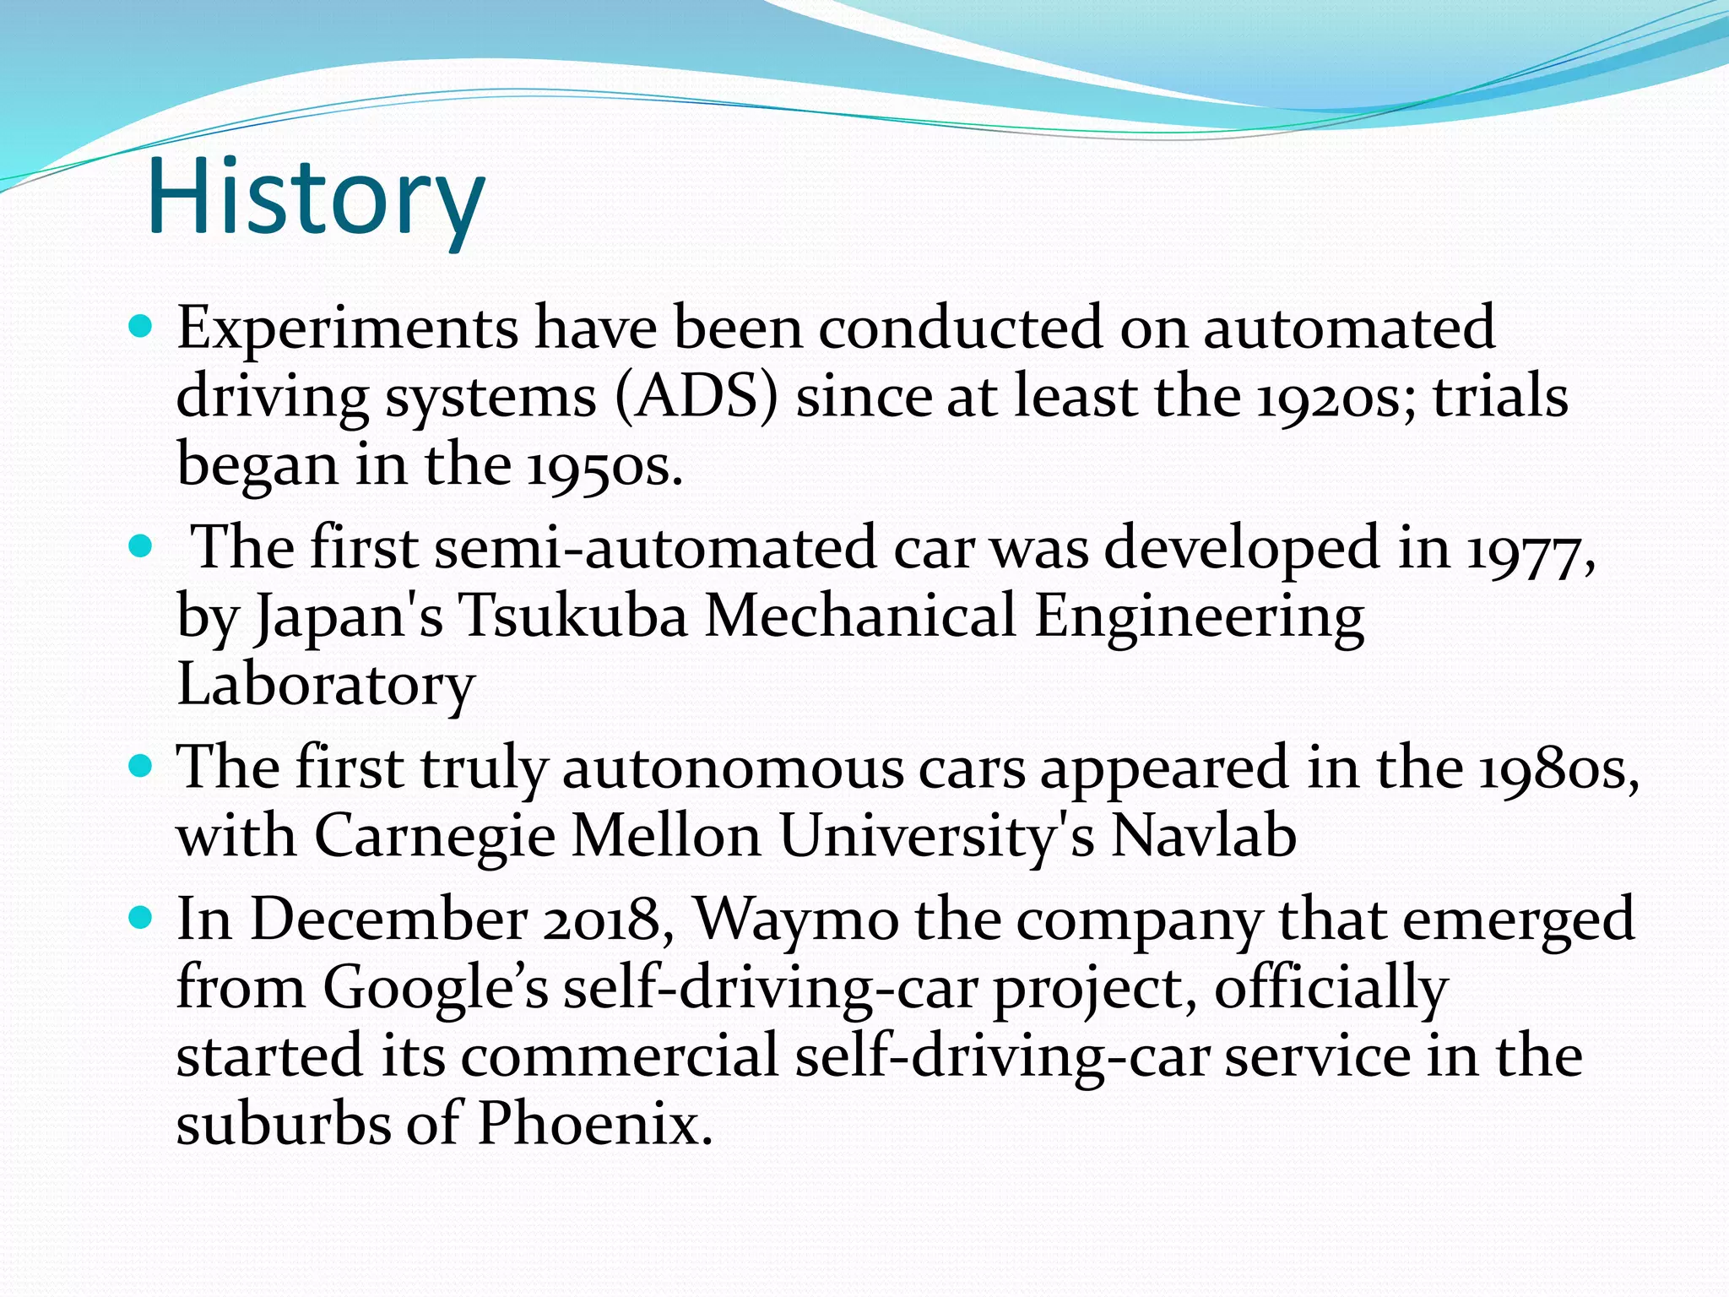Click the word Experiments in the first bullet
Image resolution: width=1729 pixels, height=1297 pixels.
point(347,329)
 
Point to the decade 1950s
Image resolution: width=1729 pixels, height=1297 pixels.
point(604,466)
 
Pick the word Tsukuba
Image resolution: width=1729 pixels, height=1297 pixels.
point(573,616)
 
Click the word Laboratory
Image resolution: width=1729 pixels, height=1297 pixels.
point(326,684)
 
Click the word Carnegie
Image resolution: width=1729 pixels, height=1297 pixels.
point(435,838)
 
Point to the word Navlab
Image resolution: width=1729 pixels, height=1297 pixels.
point(1203,836)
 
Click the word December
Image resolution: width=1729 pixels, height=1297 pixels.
point(388,920)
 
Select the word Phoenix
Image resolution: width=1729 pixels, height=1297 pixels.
point(594,1125)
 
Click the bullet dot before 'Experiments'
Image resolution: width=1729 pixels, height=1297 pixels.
point(141,326)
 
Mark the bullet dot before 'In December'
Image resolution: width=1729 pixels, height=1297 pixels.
point(141,917)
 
